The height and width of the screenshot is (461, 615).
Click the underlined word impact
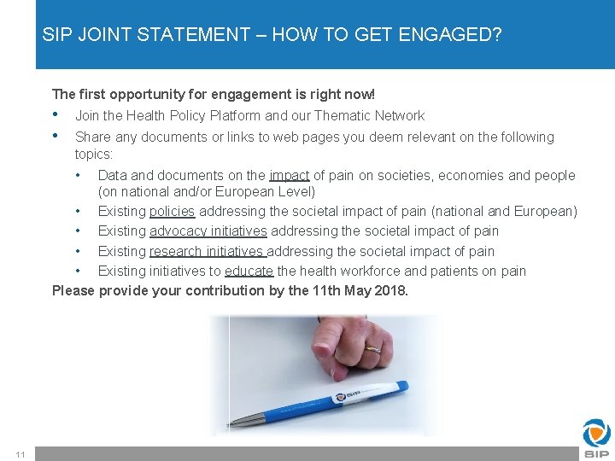pos(290,176)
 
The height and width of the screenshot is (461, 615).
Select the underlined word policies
pos(173,211)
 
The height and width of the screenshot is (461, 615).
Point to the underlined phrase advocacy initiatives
pos(208,231)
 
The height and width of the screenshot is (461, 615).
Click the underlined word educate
pos(249,271)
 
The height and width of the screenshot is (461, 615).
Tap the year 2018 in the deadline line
pos(389,290)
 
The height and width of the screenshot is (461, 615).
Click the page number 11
pos(20,452)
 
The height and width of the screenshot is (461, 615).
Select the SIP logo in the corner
pos(596,438)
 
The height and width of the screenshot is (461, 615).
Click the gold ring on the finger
pos(375,349)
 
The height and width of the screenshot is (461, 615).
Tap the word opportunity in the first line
pos(151,94)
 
